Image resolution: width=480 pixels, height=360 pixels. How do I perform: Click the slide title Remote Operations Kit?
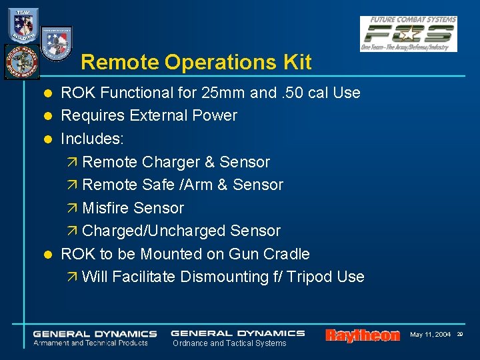tap(196, 63)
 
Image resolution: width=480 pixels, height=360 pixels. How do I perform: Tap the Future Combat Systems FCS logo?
tap(409, 33)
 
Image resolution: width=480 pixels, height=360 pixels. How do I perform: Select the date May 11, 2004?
tap(430, 334)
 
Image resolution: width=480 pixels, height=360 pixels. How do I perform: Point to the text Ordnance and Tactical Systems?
tap(229, 343)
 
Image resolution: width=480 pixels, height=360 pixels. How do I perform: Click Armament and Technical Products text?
tap(91, 343)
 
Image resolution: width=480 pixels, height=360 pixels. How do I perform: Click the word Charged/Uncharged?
tap(153, 231)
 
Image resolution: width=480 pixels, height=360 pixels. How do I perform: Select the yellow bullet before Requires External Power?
tap(47, 116)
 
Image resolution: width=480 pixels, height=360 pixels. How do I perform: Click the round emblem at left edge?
tap(21, 62)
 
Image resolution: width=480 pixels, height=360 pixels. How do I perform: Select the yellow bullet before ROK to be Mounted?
tap(47, 255)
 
